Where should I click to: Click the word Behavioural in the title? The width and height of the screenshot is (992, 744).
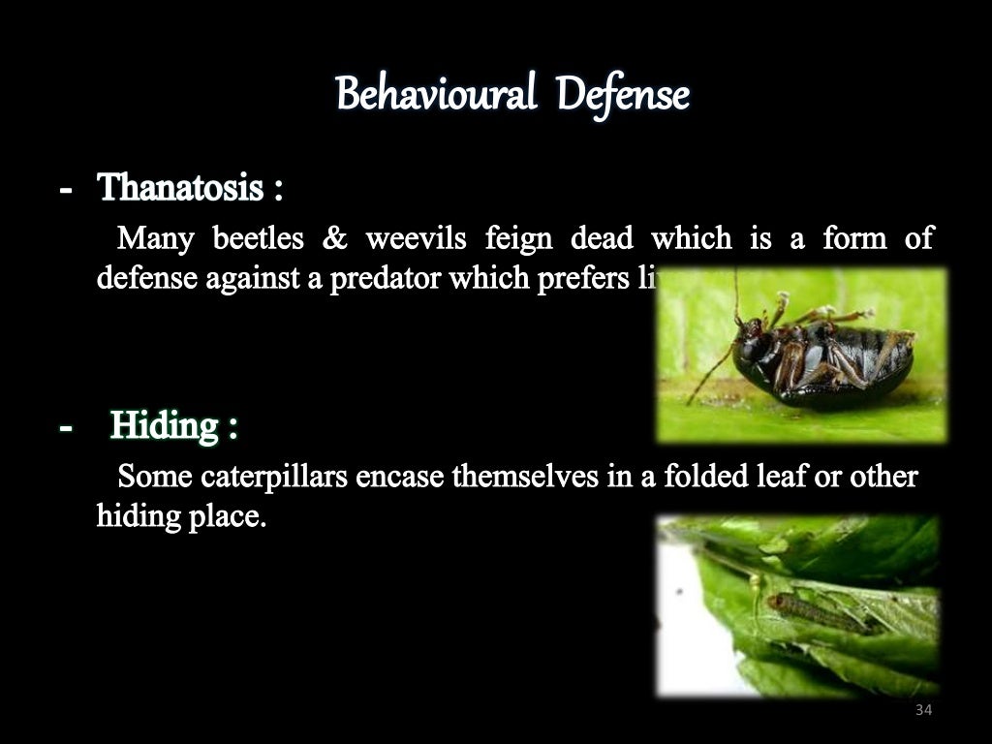(x=435, y=96)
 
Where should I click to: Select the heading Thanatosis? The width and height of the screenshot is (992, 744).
(x=181, y=187)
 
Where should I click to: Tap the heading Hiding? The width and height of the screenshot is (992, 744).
(x=164, y=425)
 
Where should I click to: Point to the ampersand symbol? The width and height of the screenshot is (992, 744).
(x=335, y=237)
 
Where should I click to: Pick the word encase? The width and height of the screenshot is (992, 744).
(x=400, y=477)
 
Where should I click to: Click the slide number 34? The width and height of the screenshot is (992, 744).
(x=922, y=711)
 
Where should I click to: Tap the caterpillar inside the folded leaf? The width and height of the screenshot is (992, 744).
(x=814, y=612)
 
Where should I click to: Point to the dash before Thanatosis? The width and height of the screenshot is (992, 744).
(x=65, y=188)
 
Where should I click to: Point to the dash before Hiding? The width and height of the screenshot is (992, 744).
(x=65, y=426)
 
